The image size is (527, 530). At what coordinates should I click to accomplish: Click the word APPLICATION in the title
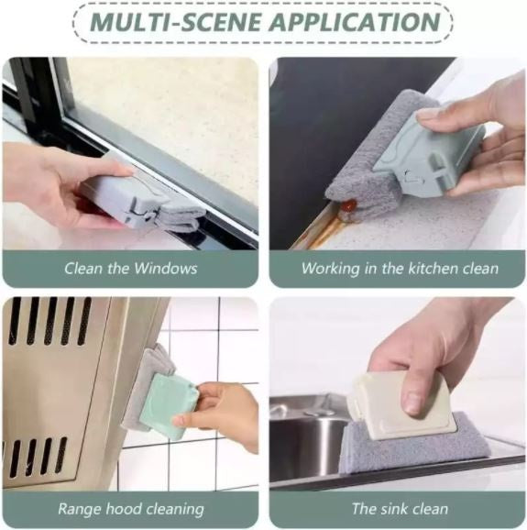(x=356, y=22)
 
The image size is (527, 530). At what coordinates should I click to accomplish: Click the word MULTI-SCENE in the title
(x=176, y=22)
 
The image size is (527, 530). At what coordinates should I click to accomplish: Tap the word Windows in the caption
(x=166, y=269)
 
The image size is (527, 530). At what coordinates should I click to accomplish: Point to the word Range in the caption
(x=80, y=509)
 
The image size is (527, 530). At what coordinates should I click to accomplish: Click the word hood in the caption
(x=122, y=508)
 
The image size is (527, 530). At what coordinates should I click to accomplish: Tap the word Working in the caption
(x=330, y=269)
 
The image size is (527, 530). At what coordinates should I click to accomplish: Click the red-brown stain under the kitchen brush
(x=348, y=204)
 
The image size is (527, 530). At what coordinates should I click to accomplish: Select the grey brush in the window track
(x=142, y=202)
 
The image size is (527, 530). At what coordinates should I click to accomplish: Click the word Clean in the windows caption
(x=83, y=269)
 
